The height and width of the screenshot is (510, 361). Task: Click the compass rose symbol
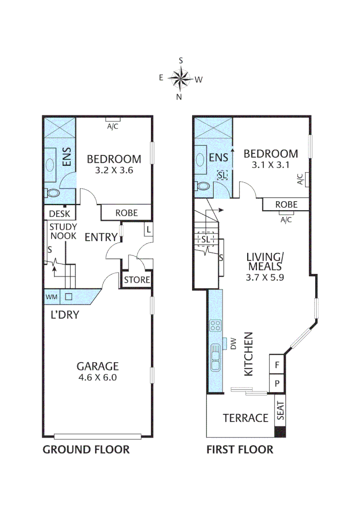point(180,78)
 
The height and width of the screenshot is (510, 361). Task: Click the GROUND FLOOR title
point(86,449)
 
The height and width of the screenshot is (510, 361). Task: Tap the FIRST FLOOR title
point(240,449)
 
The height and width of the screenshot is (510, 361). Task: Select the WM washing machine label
point(51,297)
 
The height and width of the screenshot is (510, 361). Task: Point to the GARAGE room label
point(98,365)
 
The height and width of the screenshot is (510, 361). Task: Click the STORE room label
point(137,280)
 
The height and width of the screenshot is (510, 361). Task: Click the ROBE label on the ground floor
point(127,213)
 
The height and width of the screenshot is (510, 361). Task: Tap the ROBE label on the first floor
point(286,204)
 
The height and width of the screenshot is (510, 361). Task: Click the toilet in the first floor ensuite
point(203,186)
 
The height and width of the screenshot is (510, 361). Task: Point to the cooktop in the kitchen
point(215,325)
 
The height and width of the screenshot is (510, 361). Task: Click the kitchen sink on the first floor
point(215,357)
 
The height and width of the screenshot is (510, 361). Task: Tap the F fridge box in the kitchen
point(276,365)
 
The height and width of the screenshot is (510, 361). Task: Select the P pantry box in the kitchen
point(276,383)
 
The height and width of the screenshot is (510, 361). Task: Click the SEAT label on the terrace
point(280,411)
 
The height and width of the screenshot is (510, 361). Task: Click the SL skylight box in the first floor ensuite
point(222,175)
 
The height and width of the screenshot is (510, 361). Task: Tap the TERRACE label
point(246,418)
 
